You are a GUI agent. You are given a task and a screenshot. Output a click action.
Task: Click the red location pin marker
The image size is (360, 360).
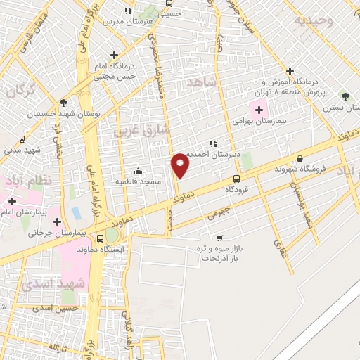click(x=181, y=165)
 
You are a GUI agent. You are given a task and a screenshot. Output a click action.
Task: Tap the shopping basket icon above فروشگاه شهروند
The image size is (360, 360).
click(x=300, y=159)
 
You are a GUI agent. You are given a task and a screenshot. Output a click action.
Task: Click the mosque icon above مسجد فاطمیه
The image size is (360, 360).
click(x=138, y=171)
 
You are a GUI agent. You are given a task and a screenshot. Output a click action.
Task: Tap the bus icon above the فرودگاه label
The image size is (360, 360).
click(x=236, y=179)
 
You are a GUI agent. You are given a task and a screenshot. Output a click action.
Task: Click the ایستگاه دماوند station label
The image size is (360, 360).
click(x=110, y=250)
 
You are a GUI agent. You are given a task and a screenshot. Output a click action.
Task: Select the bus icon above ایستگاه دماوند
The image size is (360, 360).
click(x=101, y=238)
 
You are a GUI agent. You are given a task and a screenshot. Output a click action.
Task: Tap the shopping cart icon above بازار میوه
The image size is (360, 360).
click(x=219, y=238)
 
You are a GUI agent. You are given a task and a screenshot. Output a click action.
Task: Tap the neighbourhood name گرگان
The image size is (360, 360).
click(x=19, y=91)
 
